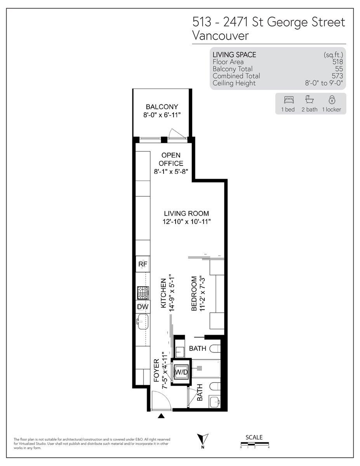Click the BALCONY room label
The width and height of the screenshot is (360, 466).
pyautogui.click(x=162, y=106)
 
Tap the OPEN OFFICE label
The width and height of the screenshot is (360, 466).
pyautogui.click(x=171, y=159)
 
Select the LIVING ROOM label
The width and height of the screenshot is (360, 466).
pyautogui.click(x=186, y=213)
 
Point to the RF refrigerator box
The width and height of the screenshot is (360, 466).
pyautogui.click(x=143, y=264)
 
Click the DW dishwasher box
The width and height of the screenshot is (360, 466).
pyautogui.click(x=143, y=307)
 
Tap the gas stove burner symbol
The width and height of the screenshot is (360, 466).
pyautogui.click(x=143, y=293)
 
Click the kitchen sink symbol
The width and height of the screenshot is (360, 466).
pyautogui.click(x=143, y=322)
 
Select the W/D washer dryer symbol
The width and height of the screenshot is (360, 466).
pyautogui.click(x=181, y=372)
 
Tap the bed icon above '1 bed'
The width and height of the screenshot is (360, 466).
pyautogui.click(x=289, y=100)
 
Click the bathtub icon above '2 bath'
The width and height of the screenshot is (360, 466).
pyautogui.click(x=310, y=99)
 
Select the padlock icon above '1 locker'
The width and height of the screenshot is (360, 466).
pyautogui.click(x=332, y=99)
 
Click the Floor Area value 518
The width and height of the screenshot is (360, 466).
pyautogui.click(x=338, y=62)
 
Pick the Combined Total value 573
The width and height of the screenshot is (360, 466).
pyautogui.click(x=337, y=76)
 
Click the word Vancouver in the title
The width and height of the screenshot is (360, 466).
pyautogui.click(x=221, y=36)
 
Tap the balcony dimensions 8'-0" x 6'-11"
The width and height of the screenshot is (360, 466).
pyautogui.click(x=162, y=115)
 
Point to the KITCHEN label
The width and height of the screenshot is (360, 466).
pyautogui.click(x=163, y=293)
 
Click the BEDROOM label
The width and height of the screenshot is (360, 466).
pyautogui.click(x=194, y=293)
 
